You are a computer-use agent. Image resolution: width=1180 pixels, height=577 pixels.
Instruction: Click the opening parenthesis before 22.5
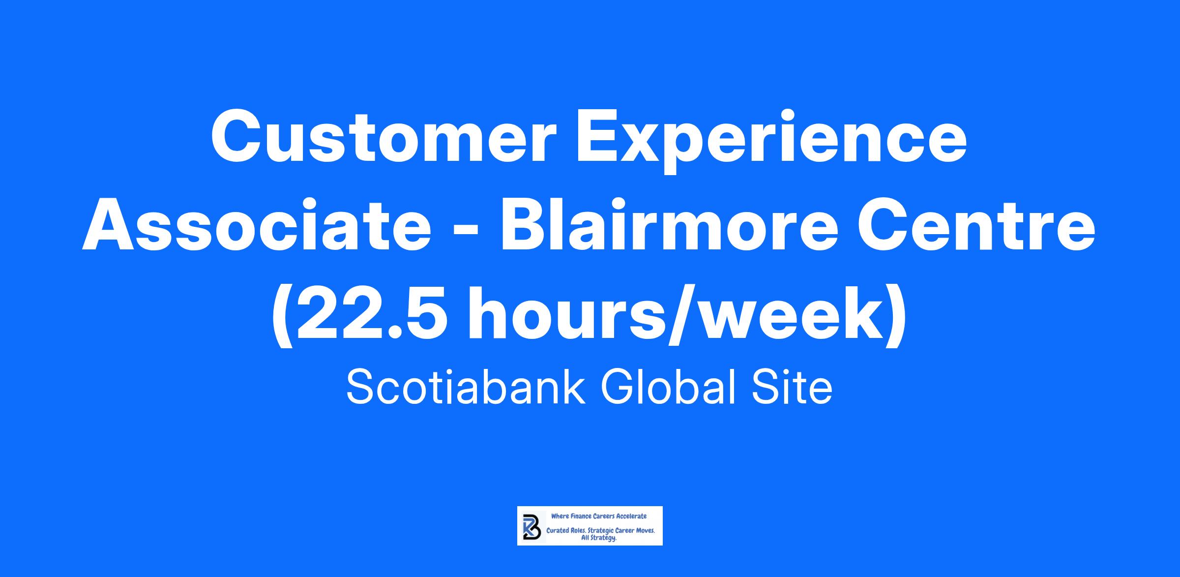[282, 317]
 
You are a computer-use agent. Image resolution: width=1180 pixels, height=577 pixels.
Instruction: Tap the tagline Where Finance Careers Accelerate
[599, 516]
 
